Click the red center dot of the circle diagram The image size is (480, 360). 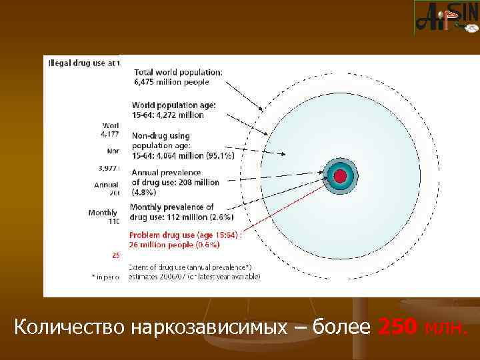click(340, 177)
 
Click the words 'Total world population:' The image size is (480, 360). click(179, 73)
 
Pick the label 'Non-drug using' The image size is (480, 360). click(161, 136)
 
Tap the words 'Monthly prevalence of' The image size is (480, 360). click(172, 207)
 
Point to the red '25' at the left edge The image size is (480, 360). click(115, 254)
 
